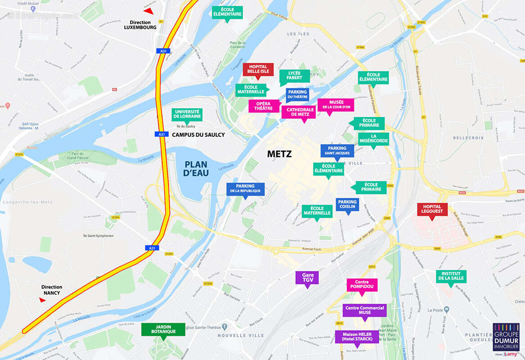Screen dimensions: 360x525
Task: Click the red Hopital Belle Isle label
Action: click(x=258, y=69)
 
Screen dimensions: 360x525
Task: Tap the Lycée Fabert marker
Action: click(x=294, y=76)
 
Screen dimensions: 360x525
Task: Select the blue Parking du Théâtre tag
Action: click(x=297, y=94)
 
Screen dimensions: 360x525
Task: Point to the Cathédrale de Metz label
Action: click(x=299, y=112)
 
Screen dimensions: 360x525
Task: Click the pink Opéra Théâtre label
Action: click(x=264, y=106)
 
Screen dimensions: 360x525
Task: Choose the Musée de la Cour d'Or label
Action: click(x=335, y=105)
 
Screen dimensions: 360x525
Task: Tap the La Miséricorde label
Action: click(x=373, y=139)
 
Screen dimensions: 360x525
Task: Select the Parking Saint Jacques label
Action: click(x=337, y=150)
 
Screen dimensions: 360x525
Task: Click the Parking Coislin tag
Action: click(x=347, y=205)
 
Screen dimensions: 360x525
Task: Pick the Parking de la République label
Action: click(x=245, y=189)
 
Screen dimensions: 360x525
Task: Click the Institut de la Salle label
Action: click(x=451, y=276)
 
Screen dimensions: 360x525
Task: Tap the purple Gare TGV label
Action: click(x=307, y=277)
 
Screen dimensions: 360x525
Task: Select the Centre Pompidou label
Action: click(x=362, y=284)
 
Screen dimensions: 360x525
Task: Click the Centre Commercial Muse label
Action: click(x=365, y=310)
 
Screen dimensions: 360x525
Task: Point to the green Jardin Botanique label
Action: click(x=163, y=329)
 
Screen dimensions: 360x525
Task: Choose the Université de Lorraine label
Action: click(x=187, y=114)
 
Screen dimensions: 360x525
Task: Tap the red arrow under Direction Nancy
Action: click(x=43, y=300)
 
